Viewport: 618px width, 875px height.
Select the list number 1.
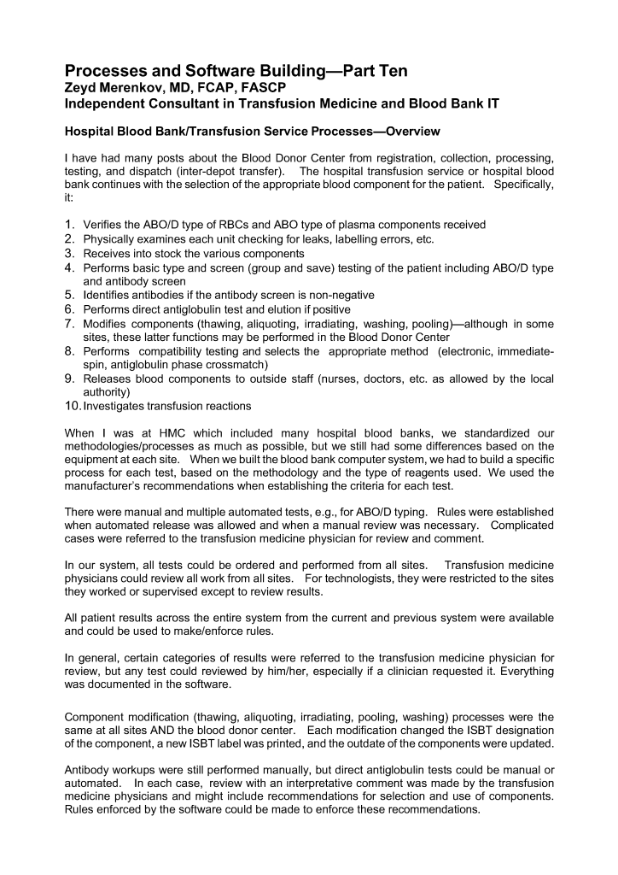72,225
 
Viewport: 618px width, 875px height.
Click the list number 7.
72,322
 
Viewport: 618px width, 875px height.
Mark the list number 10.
73,404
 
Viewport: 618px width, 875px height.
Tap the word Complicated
522,525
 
